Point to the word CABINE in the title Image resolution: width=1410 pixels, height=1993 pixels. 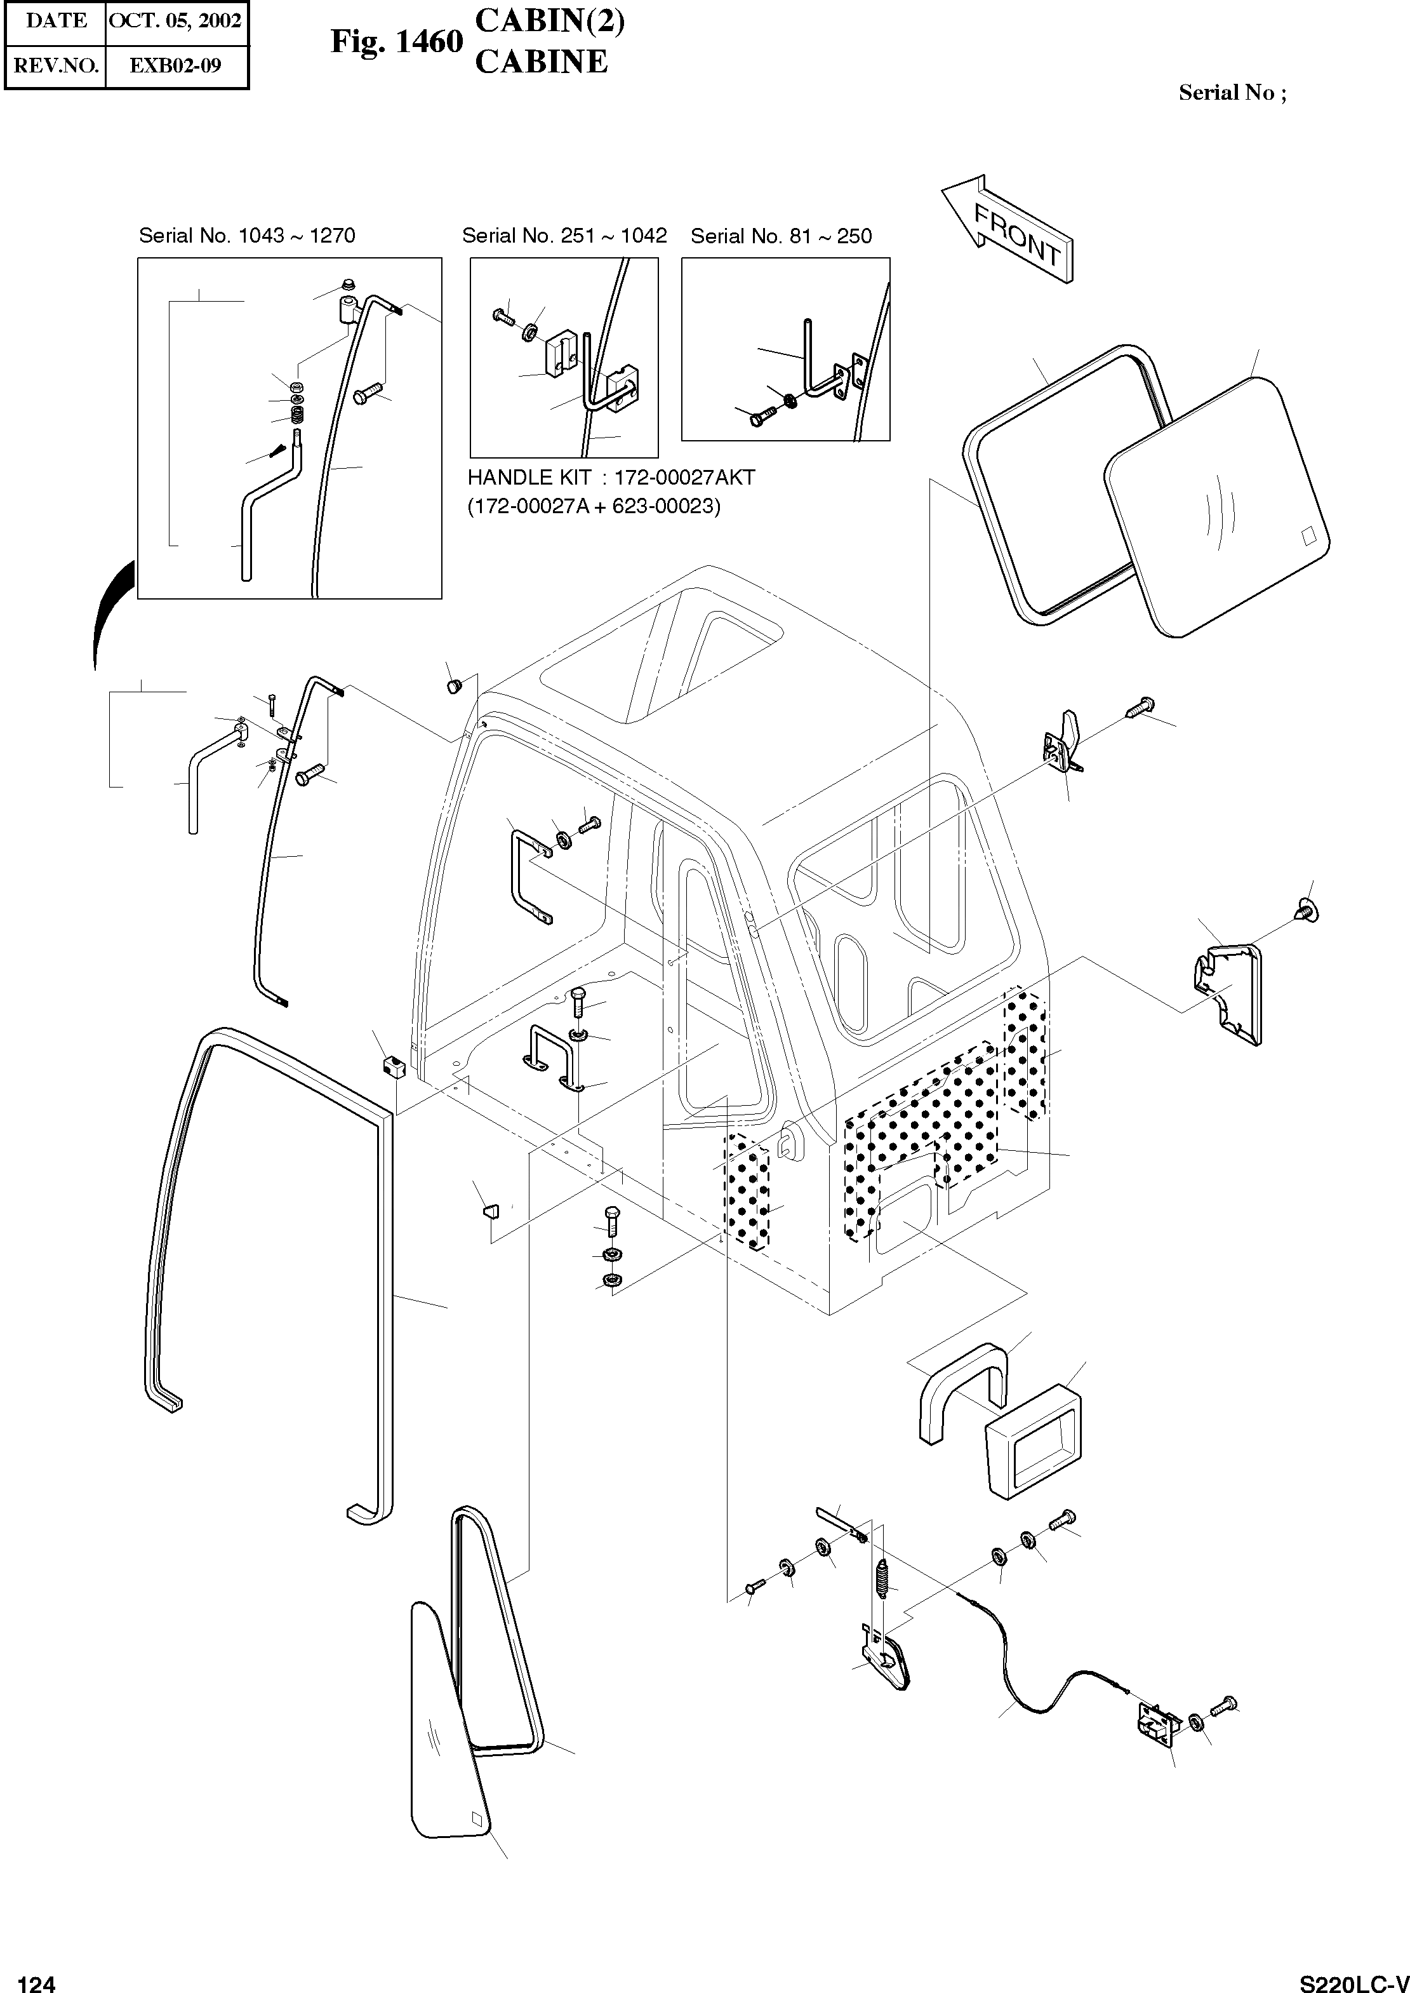click(541, 62)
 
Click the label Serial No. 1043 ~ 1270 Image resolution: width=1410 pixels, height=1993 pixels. click(246, 236)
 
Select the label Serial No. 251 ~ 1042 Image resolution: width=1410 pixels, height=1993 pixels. click(564, 236)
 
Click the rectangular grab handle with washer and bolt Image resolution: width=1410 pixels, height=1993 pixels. click(526, 877)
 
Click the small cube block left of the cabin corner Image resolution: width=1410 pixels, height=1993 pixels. click(394, 1066)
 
